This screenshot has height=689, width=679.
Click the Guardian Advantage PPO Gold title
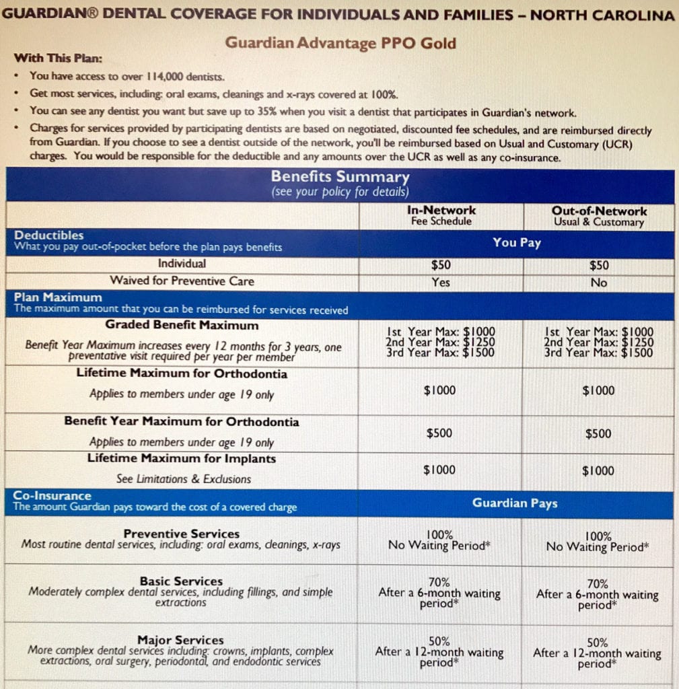point(340,43)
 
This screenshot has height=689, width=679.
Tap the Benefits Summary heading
point(340,177)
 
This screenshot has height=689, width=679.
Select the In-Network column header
point(441,211)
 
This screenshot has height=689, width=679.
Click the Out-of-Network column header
point(599,211)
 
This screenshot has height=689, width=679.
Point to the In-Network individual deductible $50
point(441,264)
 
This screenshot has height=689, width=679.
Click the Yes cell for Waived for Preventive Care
point(441,283)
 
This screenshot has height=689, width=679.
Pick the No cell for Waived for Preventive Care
point(599,283)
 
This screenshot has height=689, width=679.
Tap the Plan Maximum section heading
point(59,297)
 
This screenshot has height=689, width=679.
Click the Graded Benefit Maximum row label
point(182,326)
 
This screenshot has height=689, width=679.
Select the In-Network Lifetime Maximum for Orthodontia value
point(439,390)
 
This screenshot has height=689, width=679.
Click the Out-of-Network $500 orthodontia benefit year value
point(598,434)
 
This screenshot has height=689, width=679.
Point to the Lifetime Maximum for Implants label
point(182,459)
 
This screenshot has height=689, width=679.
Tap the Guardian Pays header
point(515,503)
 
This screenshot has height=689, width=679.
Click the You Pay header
point(516,242)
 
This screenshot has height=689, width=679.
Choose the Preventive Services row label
point(182,534)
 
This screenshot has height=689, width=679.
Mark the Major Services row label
point(180,640)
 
